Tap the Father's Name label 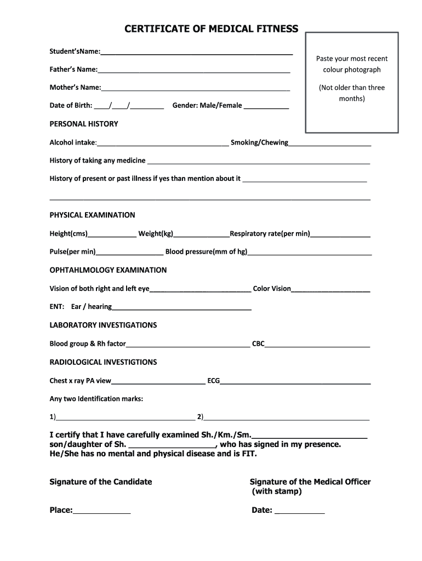pyautogui.click(x=73, y=70)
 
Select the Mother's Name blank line pyautogui.click(x=196, y=89)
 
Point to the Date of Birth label pyautogui.click(x=71, y=105)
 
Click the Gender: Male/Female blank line pyautogui.click(x=266, y=108)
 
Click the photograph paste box pyautogui.click(x=351, y=82)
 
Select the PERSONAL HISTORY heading pyautogui.click(x=84, y=124)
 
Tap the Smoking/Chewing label pyautogui.click(x=259, y=142)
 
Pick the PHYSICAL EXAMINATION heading pyautogui.click(x=92, y=215)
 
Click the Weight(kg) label pyautogui.click(x=156, y=234)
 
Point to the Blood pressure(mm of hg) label pyautogui.click(x=206, y=252)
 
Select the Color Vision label pyautogui.click(x=272, y=289)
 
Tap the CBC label pyautogui.click(x=258, y=344)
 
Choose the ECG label pyautogui.click(x=213, y=381)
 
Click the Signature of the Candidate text pyautogui.click(x=101, y=482)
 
